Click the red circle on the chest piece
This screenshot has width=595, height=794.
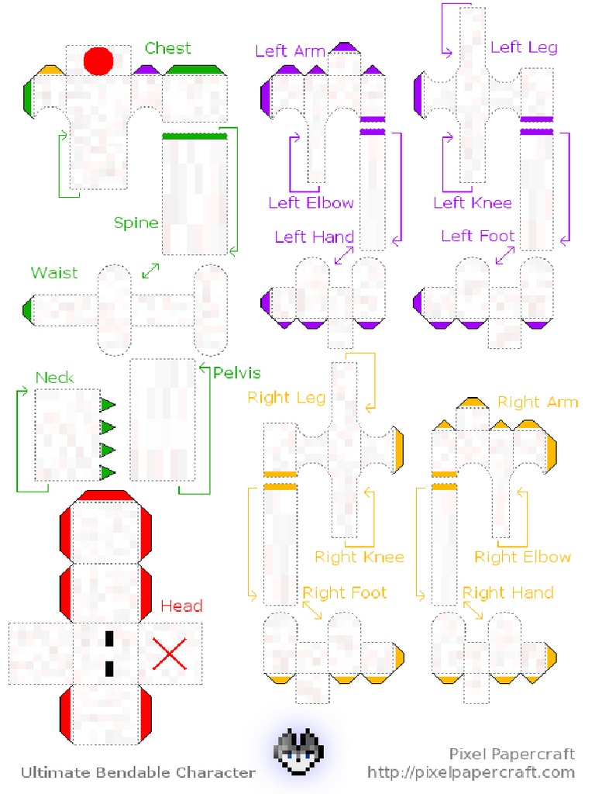pyautogui.click(x=98, y=60)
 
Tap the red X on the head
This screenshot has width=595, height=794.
pyautogui.click(x=170, y=654)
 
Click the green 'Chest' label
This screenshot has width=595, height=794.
pyautogui.click(x=167, y=48)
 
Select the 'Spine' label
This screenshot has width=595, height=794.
pyautogui.click(x=136, y=223)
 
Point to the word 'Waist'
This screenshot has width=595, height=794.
pyautogui.click(x=54, y=273)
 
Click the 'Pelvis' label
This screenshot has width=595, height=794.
pyautogui.click(x=236, y=372)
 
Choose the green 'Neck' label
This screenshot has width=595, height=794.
pyautogui.click(x=55, y=378)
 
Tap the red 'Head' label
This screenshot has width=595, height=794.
pyautogui.click(x=181, y=606)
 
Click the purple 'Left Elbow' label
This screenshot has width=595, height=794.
pyautogui.click(x=311, y=203)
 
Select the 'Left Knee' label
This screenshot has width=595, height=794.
pyautogui.click(x=473, y=203)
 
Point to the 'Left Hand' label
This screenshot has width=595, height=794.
pyautogui.click(x=314, y=236)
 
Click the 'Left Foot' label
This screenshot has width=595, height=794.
pyautogui.click(x=478, y=236)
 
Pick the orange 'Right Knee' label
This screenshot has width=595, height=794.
pyautogui.click(x=359, y=557)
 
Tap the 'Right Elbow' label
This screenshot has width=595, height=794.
pyautogui.click(x=522, y=557)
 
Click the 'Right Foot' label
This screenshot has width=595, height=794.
pyautogui.click(x=344, y=593)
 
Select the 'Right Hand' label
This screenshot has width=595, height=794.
pyautogui.click(x=508, y=593)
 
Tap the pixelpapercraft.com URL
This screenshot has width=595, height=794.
pyautogui.click(x=471, y=772)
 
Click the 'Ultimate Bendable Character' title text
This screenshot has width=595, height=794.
pyautogui.click(x=138, y=772)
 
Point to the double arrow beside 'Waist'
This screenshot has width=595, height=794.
pyautogui.click(x=150, y=271)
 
